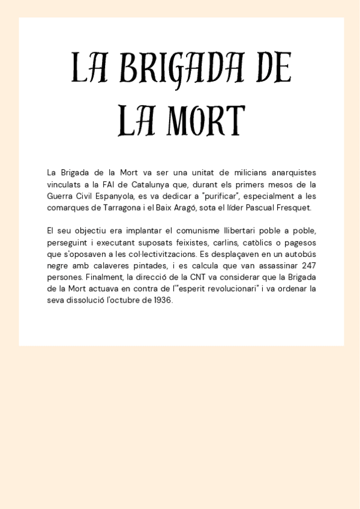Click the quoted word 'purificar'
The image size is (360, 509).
(x=223, y=196)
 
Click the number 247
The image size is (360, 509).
(x=308, y=265)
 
